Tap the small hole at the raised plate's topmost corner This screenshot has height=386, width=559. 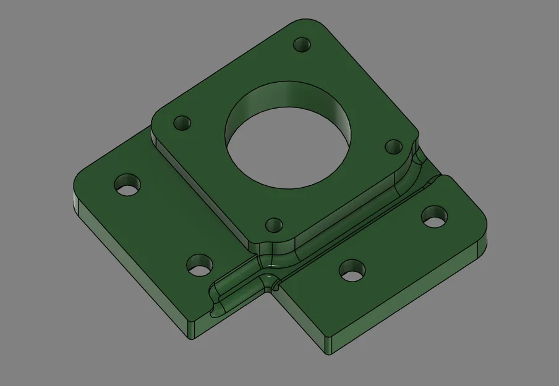tap(302, 44)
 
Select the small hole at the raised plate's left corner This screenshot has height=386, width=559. tap(182, 122)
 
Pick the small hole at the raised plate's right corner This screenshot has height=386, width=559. tap(394, 146)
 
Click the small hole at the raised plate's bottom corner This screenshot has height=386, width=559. tap(273, 225)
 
